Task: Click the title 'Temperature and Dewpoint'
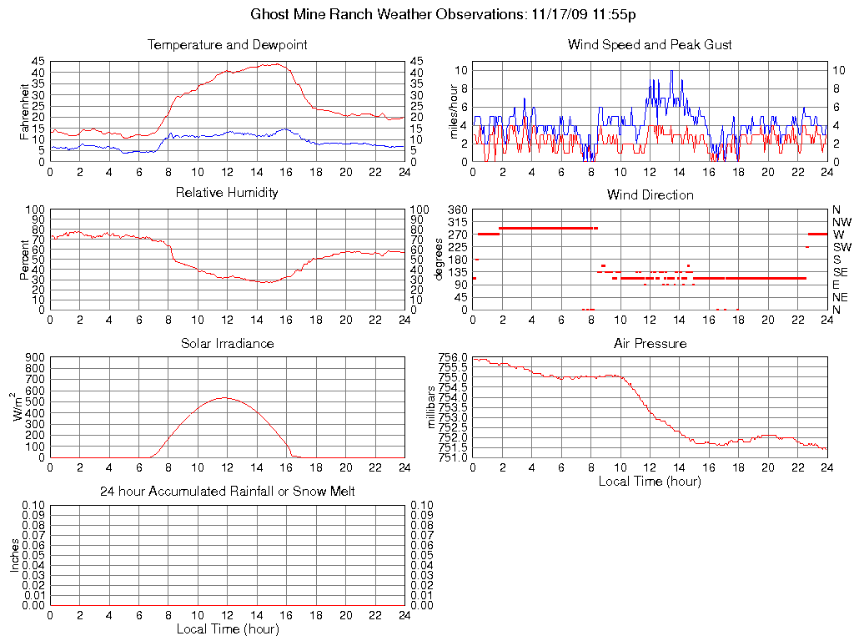(x=227, y=44)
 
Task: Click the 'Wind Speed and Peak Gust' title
(x=650, y=44)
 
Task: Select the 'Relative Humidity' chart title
(x=227, y=193)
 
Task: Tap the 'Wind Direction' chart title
(x=650, y=194)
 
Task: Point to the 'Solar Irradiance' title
(x=227, y=343)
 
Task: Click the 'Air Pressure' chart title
(x=650, y=343)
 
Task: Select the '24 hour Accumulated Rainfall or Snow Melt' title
(x=227, y=492)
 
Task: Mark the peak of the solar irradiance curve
(x=224, y=397)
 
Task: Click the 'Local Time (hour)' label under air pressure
(x=650, y=481)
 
